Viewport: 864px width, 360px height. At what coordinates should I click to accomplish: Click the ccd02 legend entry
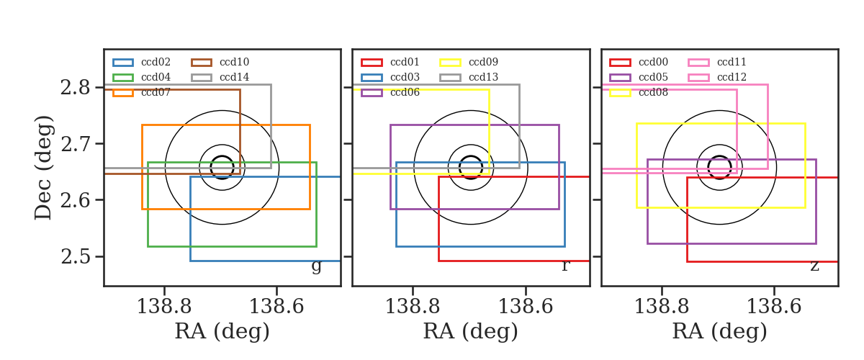(142, 62)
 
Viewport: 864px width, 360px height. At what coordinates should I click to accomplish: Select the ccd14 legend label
(235, 77)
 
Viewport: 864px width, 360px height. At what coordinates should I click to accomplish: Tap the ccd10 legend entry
(220, 62)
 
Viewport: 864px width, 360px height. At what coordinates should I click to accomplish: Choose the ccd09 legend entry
(469, 62)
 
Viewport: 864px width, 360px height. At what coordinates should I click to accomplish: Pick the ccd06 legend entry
(390, 93)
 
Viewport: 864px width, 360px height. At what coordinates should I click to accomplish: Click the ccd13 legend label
(483, 77)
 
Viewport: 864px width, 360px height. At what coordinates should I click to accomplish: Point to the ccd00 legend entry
(639, 62)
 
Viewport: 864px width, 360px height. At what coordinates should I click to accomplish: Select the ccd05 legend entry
(639, 77)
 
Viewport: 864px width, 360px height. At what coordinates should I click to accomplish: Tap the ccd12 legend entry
(717, 77)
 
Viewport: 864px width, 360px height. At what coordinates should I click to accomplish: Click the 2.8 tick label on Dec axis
(75, 88)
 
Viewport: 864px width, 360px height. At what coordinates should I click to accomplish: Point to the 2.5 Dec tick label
(75, 256)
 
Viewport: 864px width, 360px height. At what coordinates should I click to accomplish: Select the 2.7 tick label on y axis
(75, 144)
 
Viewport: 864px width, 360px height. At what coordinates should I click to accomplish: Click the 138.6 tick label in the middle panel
(526, 306)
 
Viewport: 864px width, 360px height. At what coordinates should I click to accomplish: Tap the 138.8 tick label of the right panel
(662, 306)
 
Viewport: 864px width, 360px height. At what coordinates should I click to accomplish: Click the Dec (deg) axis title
(42, 168)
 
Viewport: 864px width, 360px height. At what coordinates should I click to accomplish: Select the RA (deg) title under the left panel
(222, 331)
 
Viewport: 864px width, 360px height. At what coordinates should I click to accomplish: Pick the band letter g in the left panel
(316, 266)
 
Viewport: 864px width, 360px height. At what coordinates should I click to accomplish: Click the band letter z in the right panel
(814, 266)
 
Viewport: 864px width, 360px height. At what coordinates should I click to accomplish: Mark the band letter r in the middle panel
(565, 266)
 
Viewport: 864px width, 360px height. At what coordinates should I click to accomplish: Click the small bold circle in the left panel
(222, 156)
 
